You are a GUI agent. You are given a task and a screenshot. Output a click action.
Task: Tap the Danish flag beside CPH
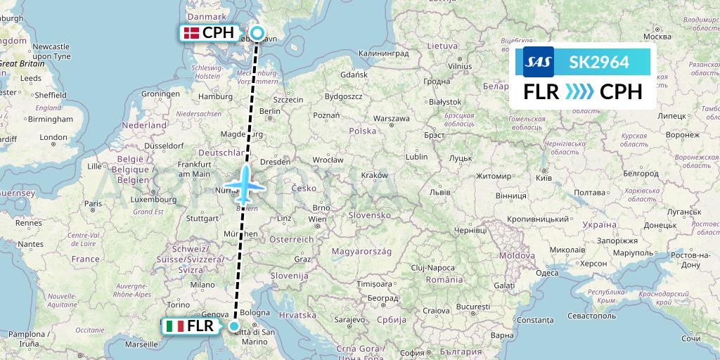[x=190, y=32]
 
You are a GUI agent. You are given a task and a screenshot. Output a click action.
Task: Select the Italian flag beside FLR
[x=175, y=326]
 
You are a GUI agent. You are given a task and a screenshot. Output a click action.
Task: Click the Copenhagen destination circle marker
[x=257, y=33]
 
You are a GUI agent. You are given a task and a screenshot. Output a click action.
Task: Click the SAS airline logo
[x=538, y=62]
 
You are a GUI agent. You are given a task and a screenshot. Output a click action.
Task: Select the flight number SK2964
[x=599, y=62]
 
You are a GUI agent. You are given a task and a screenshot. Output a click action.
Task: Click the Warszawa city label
[x=392, y=118]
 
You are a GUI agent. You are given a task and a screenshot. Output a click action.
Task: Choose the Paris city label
[x=93, y=203]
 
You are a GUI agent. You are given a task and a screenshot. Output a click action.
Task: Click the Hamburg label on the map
[x=215, y=96]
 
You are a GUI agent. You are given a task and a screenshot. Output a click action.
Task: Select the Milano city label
[x=201, y=285]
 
